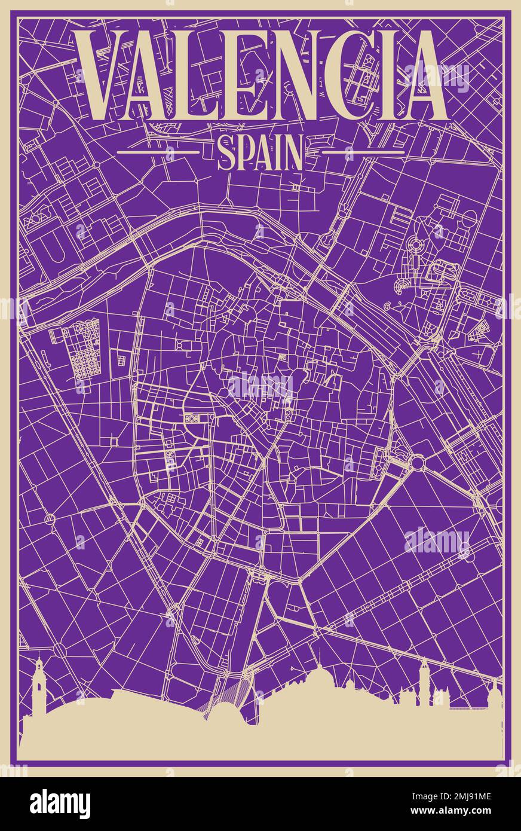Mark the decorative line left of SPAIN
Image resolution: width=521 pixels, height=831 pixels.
coord(158,152)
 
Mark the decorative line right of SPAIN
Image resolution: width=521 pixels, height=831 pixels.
coord(363,152)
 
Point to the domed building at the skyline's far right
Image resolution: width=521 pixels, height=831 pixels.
coord(494,693)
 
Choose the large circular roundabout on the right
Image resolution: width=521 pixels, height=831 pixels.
coord(416,462)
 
